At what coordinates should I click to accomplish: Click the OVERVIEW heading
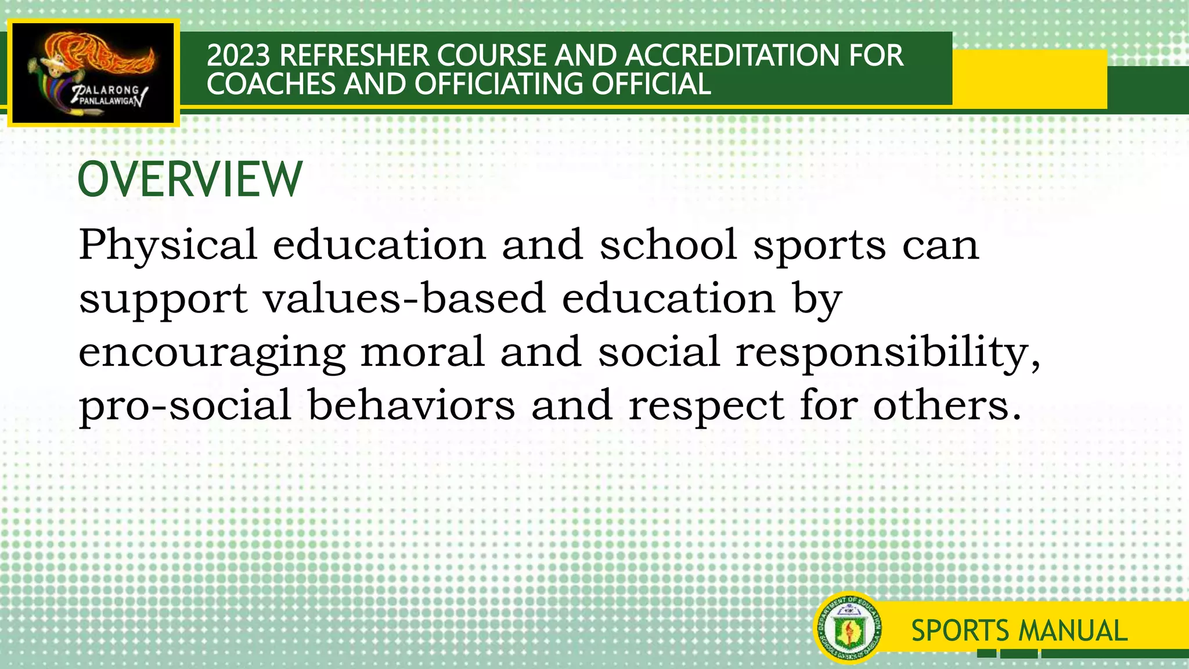[190, 179]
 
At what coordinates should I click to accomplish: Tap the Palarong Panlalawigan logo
[93, 73]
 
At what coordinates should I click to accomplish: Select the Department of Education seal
[848, 628]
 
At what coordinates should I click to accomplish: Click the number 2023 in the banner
[239, 56]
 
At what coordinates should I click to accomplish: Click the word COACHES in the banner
[271, 84]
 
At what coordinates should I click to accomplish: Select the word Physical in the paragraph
[168, 245]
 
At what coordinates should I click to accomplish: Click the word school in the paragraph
[668, 245]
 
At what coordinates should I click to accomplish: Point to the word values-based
[404, 298]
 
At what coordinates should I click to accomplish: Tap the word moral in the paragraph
[422, 352]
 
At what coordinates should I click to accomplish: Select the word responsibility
[888, 353]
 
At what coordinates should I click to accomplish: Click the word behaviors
[411, 405]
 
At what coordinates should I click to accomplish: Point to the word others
[946, 405]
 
